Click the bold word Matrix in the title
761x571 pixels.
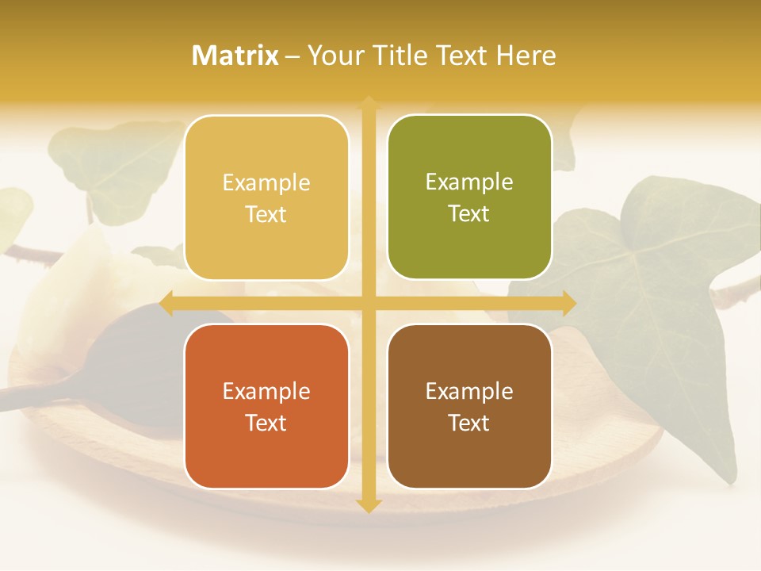(235, 56)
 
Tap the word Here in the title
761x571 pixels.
(526, 56)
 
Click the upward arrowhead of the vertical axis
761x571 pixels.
(368, 103)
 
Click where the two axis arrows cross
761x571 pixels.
(368, 303)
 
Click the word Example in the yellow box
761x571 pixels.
(266, 183)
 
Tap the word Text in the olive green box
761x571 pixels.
(469, 214)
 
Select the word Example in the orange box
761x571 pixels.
(266, 392)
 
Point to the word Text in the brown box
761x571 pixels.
(469, 423)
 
